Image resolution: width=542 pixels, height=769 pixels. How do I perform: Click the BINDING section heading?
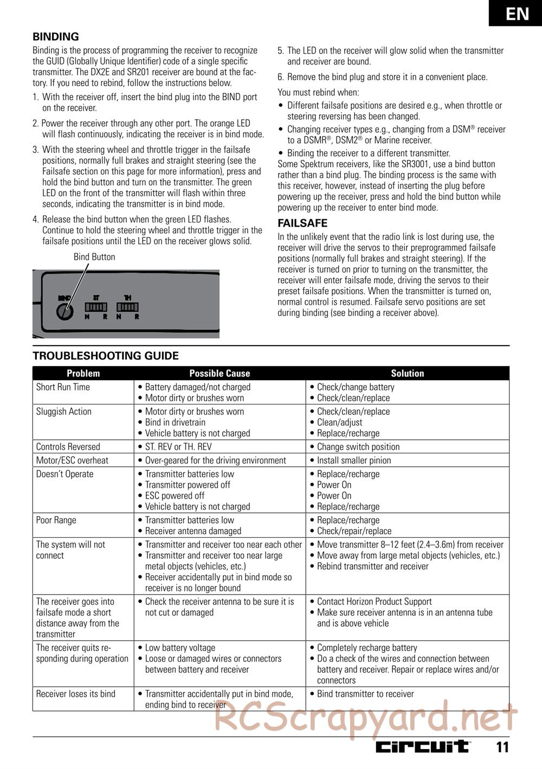pos(56,37)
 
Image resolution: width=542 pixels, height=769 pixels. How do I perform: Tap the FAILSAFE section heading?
pos(302,223)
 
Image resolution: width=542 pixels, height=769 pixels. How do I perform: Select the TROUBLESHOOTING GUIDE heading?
pos(106,356)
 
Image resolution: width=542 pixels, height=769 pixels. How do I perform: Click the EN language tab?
pos(517,13)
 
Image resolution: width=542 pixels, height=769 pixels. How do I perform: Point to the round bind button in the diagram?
pos(64,312)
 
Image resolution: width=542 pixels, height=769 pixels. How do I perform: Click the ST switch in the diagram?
pos(96,307)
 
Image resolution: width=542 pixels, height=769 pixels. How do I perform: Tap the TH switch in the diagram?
pos(127,307)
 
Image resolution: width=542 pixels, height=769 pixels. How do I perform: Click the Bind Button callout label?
pos(94,257)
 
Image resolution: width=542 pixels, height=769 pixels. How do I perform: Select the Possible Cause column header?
pos(220,373)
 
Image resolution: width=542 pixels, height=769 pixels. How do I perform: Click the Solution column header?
pos(407,373)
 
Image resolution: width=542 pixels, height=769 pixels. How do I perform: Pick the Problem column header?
pos(83,373)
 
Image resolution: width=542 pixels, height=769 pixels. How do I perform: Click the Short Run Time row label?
pos(63,387)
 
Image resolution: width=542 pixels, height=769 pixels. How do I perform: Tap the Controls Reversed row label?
pos(68,447)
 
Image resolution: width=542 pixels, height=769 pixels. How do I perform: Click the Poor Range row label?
pos(56,520)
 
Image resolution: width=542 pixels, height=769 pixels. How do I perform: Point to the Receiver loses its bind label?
pos(75,694)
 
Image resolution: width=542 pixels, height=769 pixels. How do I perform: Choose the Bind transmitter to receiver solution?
pos(365,694)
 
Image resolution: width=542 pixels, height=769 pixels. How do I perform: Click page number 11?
pos(502,747)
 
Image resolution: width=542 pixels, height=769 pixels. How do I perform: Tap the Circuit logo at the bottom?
pos(423,747)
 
